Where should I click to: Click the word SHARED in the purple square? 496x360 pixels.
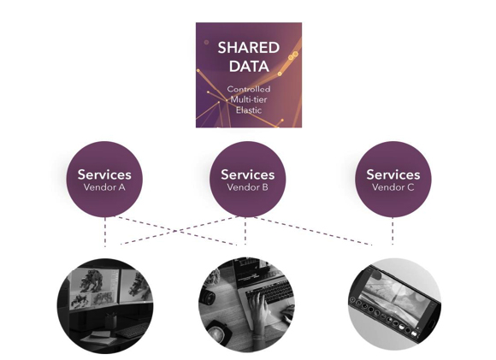249,48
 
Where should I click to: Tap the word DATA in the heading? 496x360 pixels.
249,67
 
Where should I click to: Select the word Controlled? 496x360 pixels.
249,89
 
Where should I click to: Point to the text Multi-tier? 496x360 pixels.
249,100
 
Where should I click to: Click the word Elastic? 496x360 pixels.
249,110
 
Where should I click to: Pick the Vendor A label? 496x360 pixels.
104,187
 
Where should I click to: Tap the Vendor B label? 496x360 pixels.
247,187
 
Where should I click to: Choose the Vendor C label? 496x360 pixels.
393,187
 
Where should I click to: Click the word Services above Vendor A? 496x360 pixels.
104,174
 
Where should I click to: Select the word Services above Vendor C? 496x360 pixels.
393,174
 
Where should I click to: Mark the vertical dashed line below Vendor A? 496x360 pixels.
105,232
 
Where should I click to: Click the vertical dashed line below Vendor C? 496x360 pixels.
393,231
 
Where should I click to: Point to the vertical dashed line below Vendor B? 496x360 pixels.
245,231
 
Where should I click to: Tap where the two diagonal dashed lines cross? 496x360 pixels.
175,231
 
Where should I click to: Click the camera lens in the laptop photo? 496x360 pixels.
208,298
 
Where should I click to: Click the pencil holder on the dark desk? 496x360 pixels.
110,321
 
